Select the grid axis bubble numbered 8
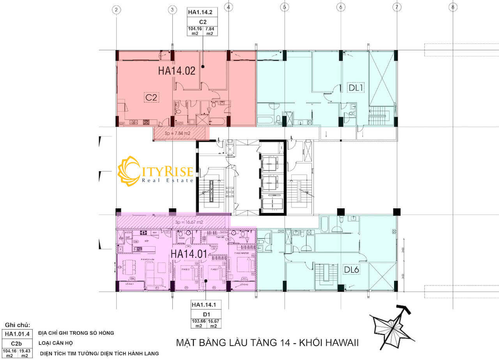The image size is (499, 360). tap(453, 7)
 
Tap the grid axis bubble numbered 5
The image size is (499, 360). tap(285, 7)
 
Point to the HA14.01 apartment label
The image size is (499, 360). tap(188, 254)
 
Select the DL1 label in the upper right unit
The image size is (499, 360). tap(356, 88)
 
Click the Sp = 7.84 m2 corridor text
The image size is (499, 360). tap(177, 133)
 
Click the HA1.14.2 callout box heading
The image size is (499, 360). tap(202, 12)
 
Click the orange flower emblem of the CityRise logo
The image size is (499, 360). tap(129, 170)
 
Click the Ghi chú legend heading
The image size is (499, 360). tap(17, 325)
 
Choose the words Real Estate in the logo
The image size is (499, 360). tap(168, 180)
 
